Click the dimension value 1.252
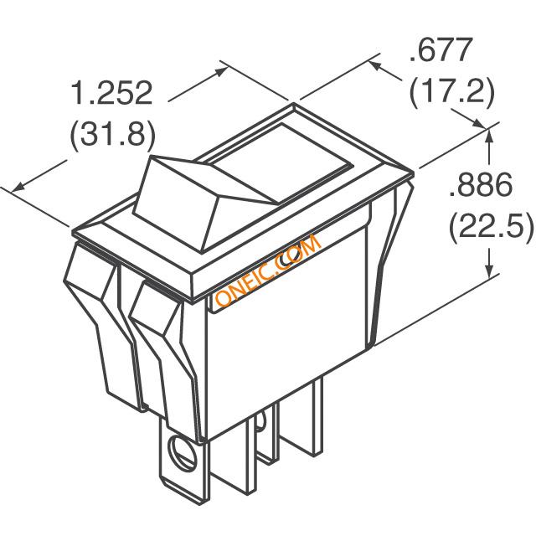[x=111, y=92]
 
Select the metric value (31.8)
[x=113, y=135]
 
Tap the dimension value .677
[x=441, y=49]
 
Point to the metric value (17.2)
[x=452, y=92]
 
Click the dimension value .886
[x=481, y=184]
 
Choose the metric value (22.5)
[x=491, y=227]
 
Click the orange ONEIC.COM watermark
[x=268, y=271]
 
